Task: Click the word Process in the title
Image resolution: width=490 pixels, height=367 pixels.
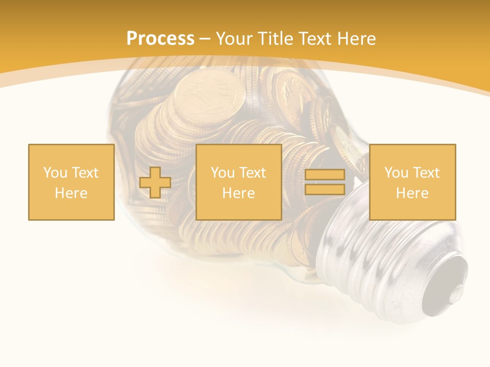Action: pos(160,39)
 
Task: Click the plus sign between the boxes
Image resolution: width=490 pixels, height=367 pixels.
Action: pos(155,182)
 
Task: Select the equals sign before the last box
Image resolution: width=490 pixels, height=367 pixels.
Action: pos(325,182)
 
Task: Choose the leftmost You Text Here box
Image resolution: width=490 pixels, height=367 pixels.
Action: pos(71,182)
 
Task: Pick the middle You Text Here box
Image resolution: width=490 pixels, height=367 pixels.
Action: pos(239,182)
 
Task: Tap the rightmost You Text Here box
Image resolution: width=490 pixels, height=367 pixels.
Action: pos(412,182)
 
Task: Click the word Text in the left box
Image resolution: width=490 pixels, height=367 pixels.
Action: pos(84,173)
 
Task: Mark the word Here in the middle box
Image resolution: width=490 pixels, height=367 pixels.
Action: pos(239,193)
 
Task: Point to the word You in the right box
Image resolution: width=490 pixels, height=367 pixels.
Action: pos(396,173)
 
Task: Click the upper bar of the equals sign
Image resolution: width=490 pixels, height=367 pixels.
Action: pos(325,175)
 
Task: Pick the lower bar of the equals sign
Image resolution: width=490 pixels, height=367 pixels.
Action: pos(325,190)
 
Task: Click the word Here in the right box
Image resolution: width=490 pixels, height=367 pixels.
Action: pos(412,193)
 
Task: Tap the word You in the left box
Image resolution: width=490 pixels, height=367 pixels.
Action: pos(55,173)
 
